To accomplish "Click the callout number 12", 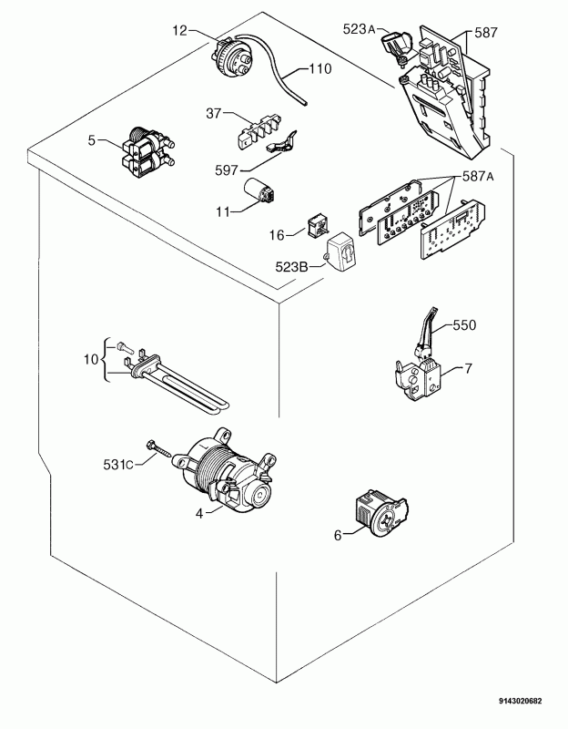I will coord(179,32).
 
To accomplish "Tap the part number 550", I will coord(464,324).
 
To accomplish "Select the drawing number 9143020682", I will coord(520,701).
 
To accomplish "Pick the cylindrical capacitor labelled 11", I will coord(263,193).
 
